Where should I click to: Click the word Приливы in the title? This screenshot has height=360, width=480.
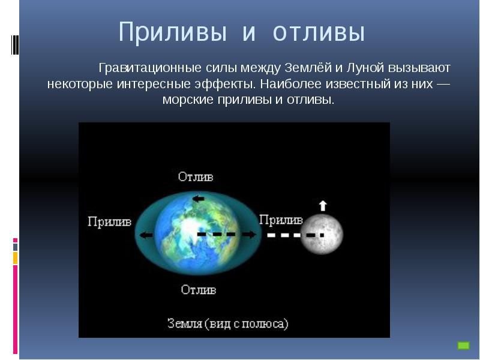[173, 32]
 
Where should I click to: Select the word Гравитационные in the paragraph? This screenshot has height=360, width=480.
[150, 68]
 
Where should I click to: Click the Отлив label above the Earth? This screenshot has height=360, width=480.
[196, 176]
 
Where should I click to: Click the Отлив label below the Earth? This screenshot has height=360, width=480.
[199, 290]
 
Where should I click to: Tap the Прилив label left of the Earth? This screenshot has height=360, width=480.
[109, 221]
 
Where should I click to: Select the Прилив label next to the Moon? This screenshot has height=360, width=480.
[281, 220]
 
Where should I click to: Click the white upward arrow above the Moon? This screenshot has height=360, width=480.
[323, 206]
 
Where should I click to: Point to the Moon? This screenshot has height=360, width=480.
[322, 235]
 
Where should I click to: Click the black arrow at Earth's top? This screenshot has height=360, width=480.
[198, 199]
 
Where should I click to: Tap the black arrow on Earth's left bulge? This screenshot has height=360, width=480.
[146, 235]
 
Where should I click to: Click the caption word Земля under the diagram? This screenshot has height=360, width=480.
[185, 323]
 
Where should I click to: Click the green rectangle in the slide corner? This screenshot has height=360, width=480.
[463, 346]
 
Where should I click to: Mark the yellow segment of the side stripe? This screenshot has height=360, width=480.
[15, 258]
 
